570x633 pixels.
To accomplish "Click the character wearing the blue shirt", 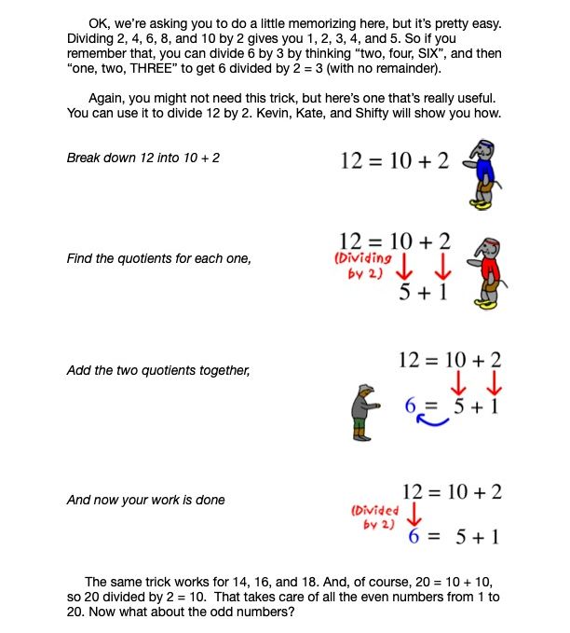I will click(x=483, y=172).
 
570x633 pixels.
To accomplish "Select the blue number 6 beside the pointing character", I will click(x=410, y=406).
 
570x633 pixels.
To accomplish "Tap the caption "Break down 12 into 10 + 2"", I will click(x=143, y=158).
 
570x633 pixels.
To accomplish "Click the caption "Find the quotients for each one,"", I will click(x=158, y=258).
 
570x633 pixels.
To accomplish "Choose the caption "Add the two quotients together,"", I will click(x=158, y=370).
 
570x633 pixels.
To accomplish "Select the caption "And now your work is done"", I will click(x=146, y=500).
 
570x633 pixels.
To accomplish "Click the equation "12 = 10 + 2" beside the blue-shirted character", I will click(x=395, y=160).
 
